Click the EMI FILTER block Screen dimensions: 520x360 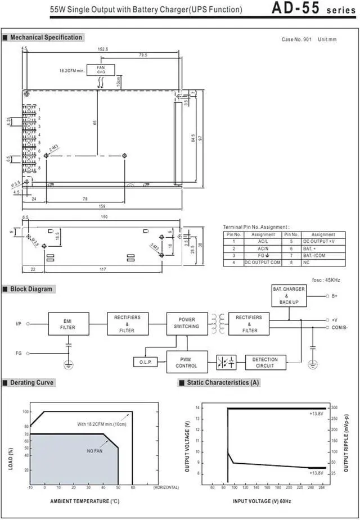[68, 324]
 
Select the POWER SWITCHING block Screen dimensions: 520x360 [187, 323]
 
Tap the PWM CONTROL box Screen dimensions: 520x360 [187, 362]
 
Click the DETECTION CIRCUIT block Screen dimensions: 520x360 [265, 363]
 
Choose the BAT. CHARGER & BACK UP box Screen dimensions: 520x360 [289, 296]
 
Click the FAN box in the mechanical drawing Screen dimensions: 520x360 [101, 70]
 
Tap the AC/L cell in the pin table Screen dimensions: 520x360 [263, 241]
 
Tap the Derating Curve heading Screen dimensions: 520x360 [31, 383]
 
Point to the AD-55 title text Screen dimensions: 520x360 [296, 8]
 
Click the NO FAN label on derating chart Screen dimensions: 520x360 [94, 451]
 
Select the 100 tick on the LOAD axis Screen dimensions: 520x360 [25, 412]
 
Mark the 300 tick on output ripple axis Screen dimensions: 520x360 [334, 407]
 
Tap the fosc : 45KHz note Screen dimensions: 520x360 [326, 280]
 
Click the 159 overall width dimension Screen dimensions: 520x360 [102, 206]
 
